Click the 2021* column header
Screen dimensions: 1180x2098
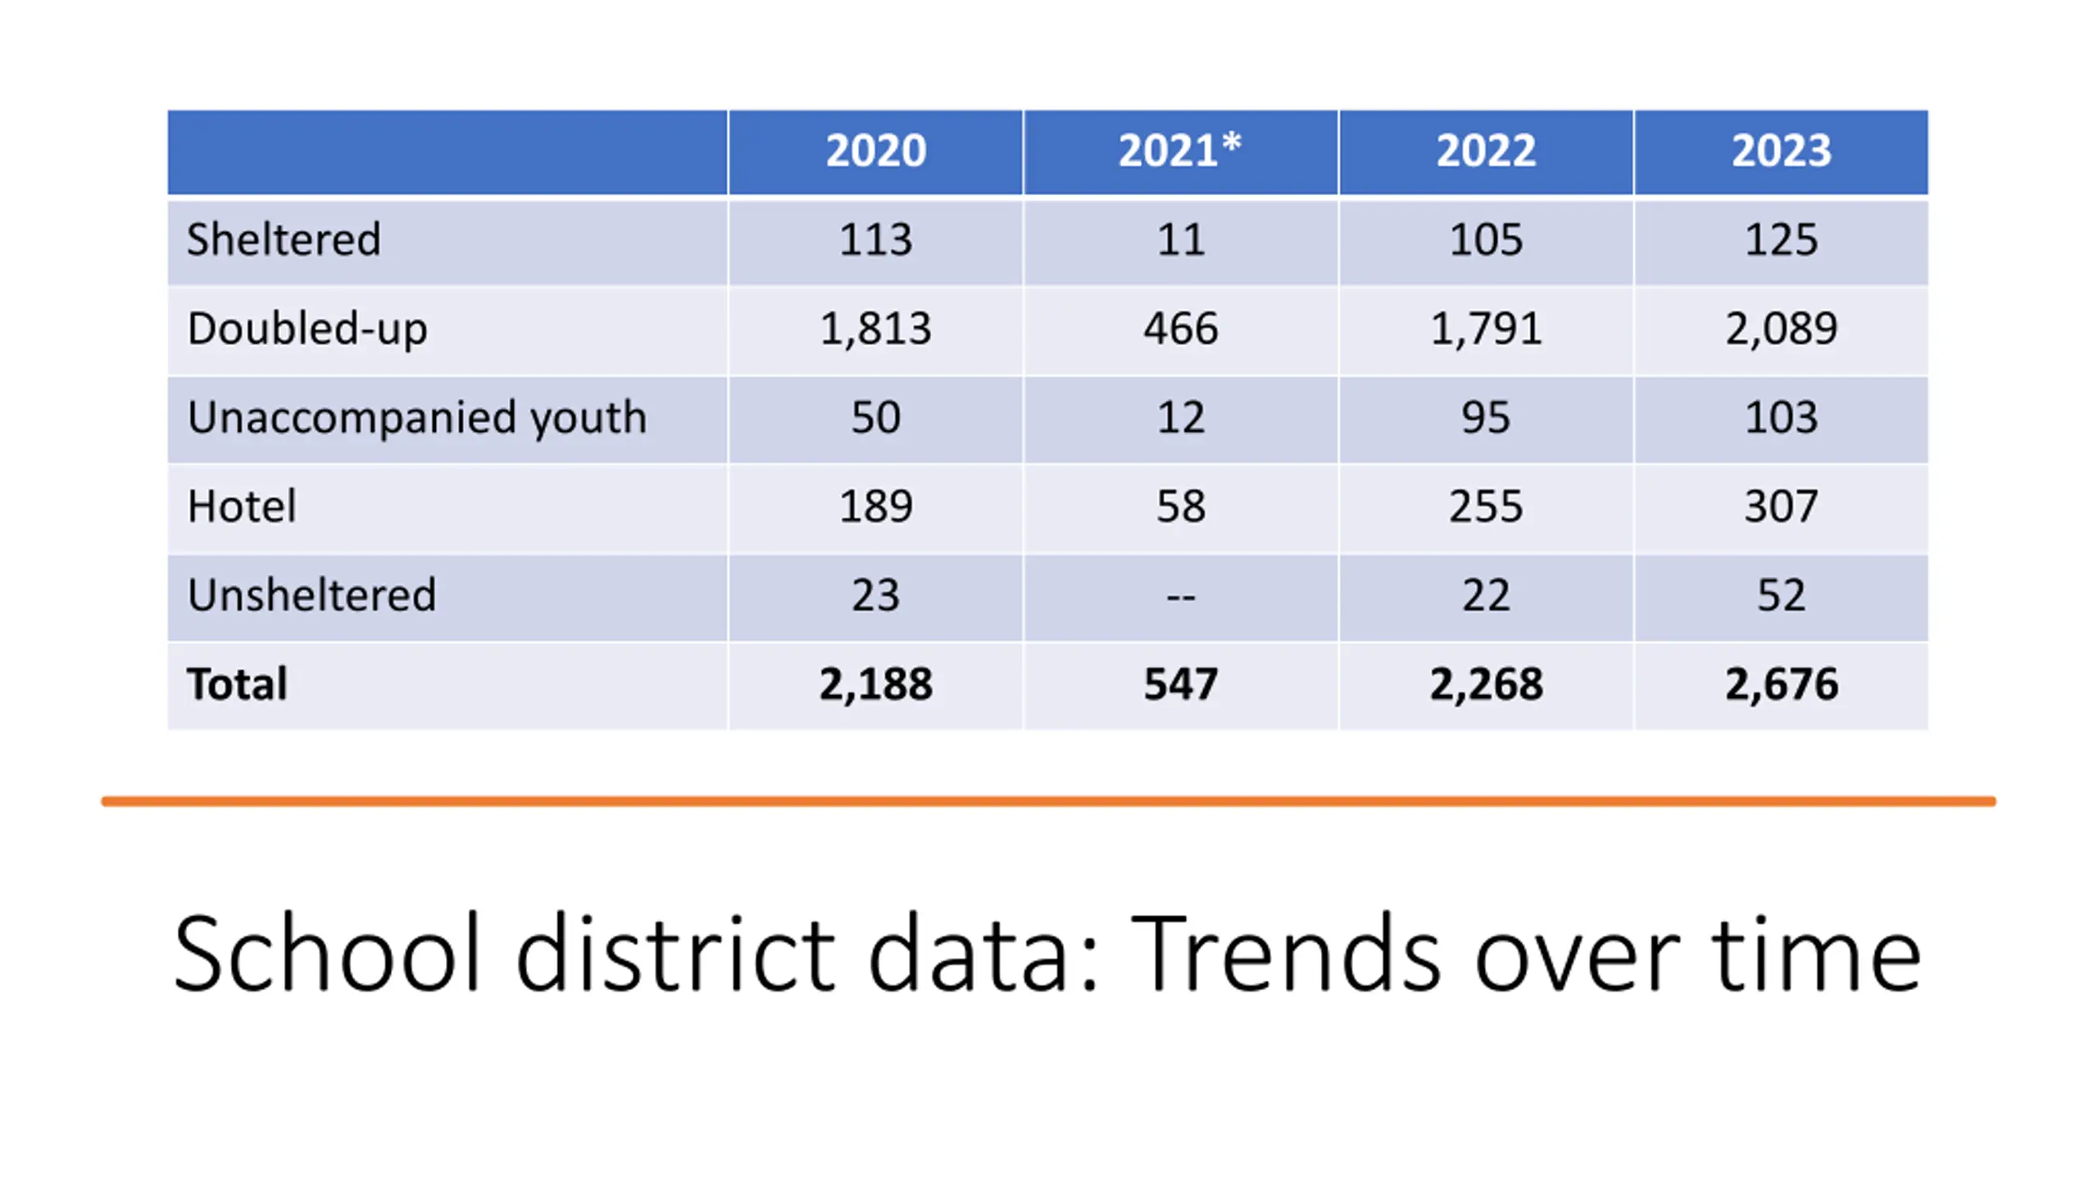tap(1179, 151)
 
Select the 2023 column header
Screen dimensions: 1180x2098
tap(1780, 151)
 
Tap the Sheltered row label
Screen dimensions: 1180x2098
tap(284, 239)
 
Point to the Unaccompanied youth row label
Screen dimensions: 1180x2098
tap(416, 417)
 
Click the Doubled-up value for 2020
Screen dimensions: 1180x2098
tap(875, 329)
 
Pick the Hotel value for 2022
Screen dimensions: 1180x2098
tap(1485, 506)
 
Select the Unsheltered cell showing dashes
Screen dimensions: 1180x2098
tap(1180, 596)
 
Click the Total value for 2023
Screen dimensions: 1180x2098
tap(1781, 684)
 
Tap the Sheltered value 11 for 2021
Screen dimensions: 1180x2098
tap(1180, 239)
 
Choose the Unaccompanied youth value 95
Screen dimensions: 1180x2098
tap(1485, 417)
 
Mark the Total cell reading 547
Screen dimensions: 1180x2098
tap(1180, 684)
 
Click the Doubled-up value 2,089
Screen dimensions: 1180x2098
tap(1781, 329)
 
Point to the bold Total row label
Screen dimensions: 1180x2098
tap(237, 684)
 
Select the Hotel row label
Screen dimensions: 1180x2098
tap(242, 506)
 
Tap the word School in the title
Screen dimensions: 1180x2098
tap(326, 955)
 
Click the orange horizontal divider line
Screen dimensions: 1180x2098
tap(1048, 801)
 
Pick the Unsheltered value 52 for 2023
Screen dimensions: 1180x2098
tap(1781, 596)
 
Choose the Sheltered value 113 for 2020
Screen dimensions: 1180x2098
tap(875, 239)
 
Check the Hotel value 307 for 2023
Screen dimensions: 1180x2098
tap(1781, 506)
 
